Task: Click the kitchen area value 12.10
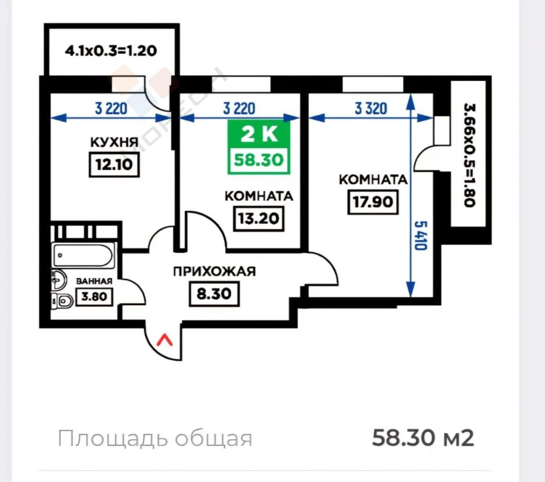[x=114, y=165]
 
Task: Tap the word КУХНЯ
[x=114, y=143]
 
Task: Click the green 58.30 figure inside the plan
[x=259, y=160]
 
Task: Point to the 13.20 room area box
[x=258, y=219]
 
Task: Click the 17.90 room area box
[x=373, y=202]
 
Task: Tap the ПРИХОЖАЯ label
[x=214, y=272]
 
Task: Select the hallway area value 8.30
[x=214, y=294]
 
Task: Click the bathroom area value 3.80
[x=94, y=297]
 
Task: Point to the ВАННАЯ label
[x=94, y=282]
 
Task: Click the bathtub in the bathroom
[x=84, y=255]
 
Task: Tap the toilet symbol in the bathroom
[x=62, y=301]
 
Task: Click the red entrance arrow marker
[x=164, y=340]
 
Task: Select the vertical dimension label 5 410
[x=421, y=236]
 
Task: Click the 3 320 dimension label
[x=371, y=109]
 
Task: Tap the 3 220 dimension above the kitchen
[x=111, y=109]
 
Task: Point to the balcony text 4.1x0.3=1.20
[x=111, y=51]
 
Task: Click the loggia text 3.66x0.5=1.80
[x=470, y=155]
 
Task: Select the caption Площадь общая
[x=155, y=439]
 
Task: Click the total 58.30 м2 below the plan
[x=423, y=438]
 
